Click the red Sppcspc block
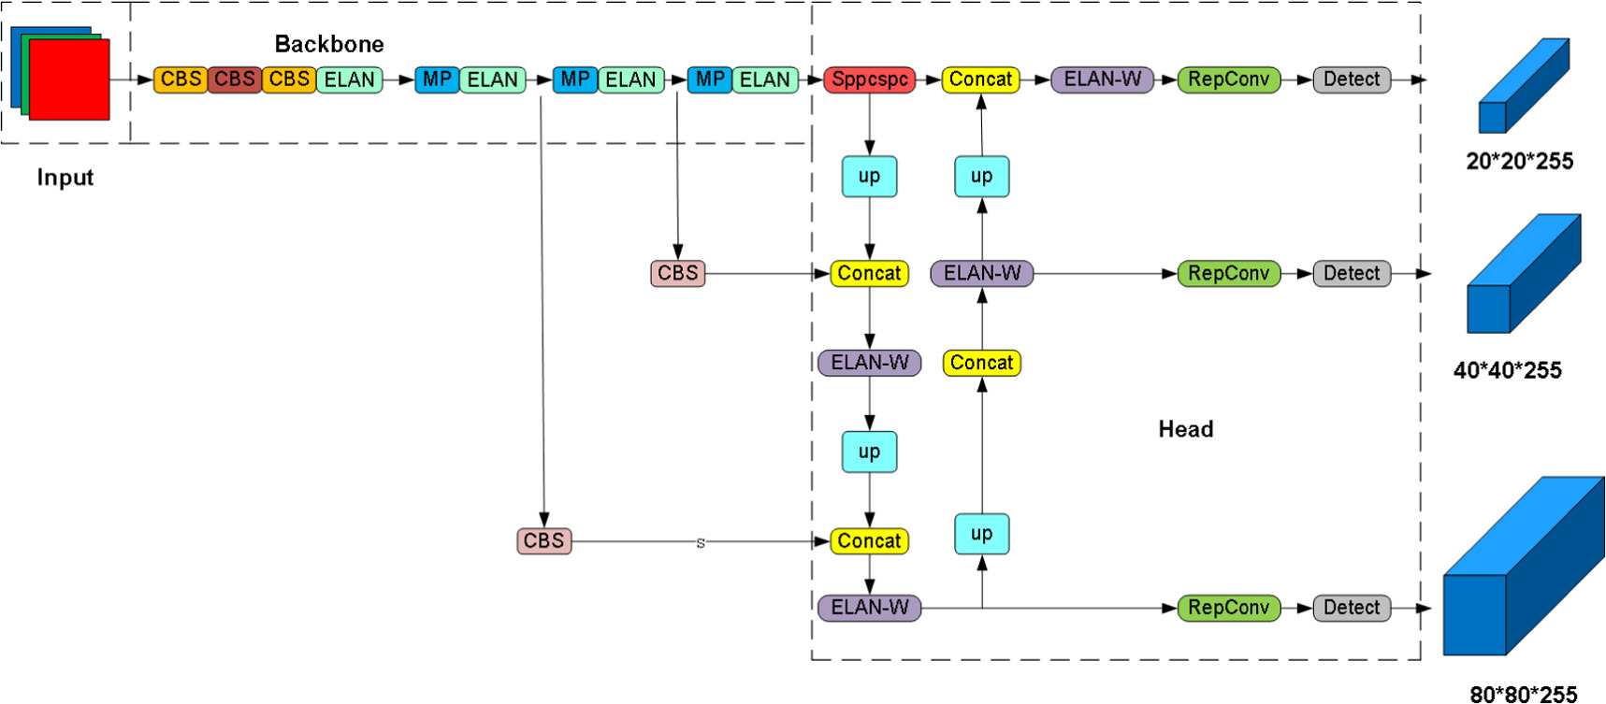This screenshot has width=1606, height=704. coord(869,79)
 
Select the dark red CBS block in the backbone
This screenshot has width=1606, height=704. coord(234,79)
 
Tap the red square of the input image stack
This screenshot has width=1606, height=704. coord(69,79)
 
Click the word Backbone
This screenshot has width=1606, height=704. coord(329,44)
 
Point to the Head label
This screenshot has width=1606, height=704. coord(1185,429)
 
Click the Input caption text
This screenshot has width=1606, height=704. coord(65,178)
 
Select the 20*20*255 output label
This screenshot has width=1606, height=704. coord(1519,161)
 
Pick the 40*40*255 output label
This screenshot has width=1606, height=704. coord(1507,370)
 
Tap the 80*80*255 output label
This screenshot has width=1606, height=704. coord(1523,694)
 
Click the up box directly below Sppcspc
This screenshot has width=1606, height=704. coord(869,176)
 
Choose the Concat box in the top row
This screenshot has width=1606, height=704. coord(980,79)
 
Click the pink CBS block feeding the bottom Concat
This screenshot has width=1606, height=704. coord(543,540)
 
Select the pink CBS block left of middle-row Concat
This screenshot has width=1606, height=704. coord(677,273)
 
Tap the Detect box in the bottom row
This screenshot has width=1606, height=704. coord(1352,608)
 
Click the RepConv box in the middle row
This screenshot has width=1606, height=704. coord(1227,273)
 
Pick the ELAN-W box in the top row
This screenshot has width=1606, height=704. coord(1102,79)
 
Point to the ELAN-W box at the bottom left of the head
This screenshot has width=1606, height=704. coord(869,608)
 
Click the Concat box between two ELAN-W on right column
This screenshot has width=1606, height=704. coord(981,363)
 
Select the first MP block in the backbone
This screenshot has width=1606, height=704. coord(436,79)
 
